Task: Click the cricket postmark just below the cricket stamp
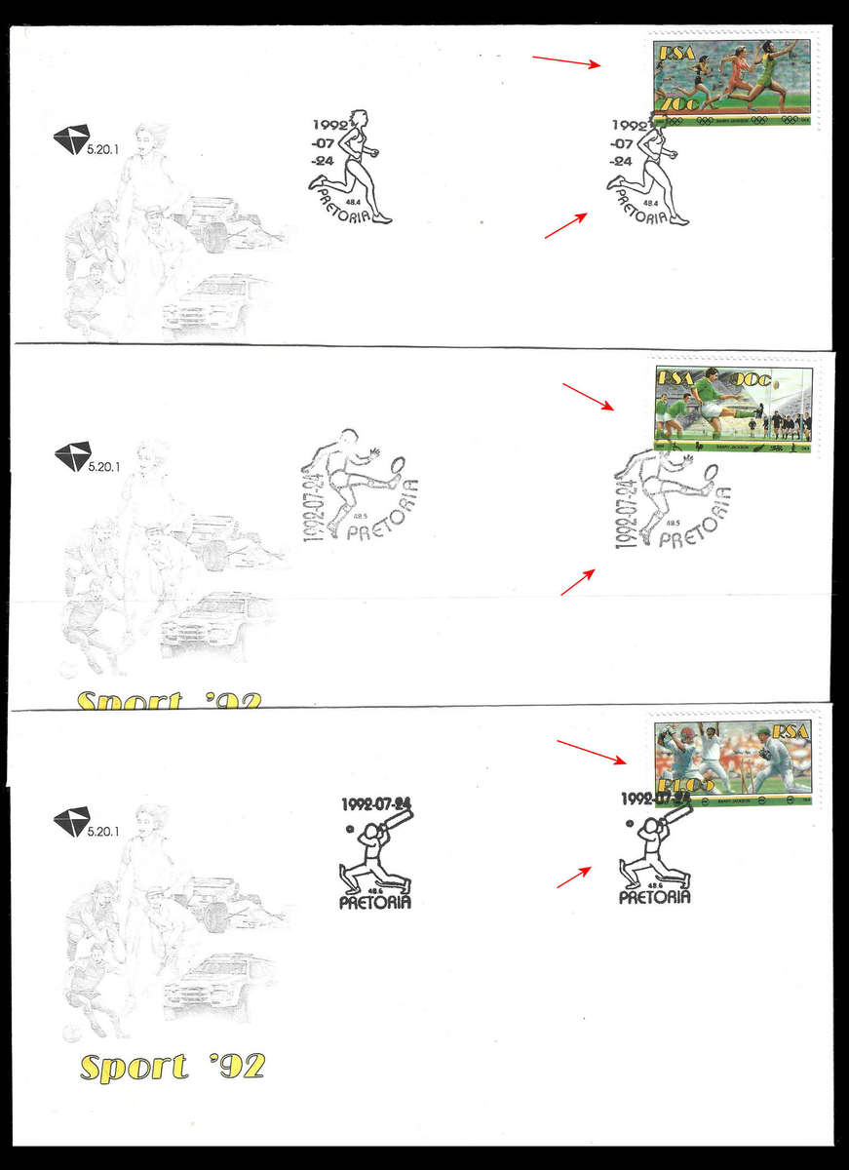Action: (655, 848)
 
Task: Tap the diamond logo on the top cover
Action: (70, 138)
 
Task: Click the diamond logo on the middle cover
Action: (71, 455)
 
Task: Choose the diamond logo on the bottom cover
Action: (71, 820)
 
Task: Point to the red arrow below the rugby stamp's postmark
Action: (578, 582)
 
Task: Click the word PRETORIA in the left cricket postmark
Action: (375, 903)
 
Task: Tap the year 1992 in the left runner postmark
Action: (329, 125)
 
